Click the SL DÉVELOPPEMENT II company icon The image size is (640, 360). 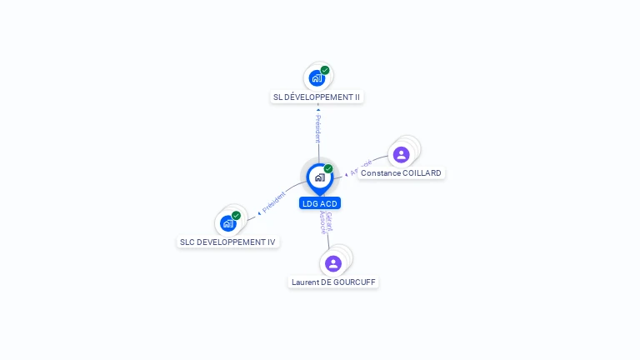316,78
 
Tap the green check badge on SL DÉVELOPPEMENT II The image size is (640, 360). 325,70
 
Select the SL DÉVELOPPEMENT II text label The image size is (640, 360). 317,97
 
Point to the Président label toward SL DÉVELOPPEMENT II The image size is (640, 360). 317,128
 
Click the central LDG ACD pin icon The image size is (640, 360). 319,177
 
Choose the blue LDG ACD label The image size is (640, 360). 320,203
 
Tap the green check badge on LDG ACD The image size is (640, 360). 328,169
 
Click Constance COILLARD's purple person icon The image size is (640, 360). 401,155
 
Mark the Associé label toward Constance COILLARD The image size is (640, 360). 360,167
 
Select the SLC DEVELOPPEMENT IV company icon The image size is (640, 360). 227,223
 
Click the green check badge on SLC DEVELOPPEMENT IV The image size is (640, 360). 236,216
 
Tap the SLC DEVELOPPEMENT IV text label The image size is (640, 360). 227,242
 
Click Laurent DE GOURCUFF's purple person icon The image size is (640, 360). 333,263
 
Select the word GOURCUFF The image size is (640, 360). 356,282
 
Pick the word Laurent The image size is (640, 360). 306,282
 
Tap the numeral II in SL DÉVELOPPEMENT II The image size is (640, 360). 357,97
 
